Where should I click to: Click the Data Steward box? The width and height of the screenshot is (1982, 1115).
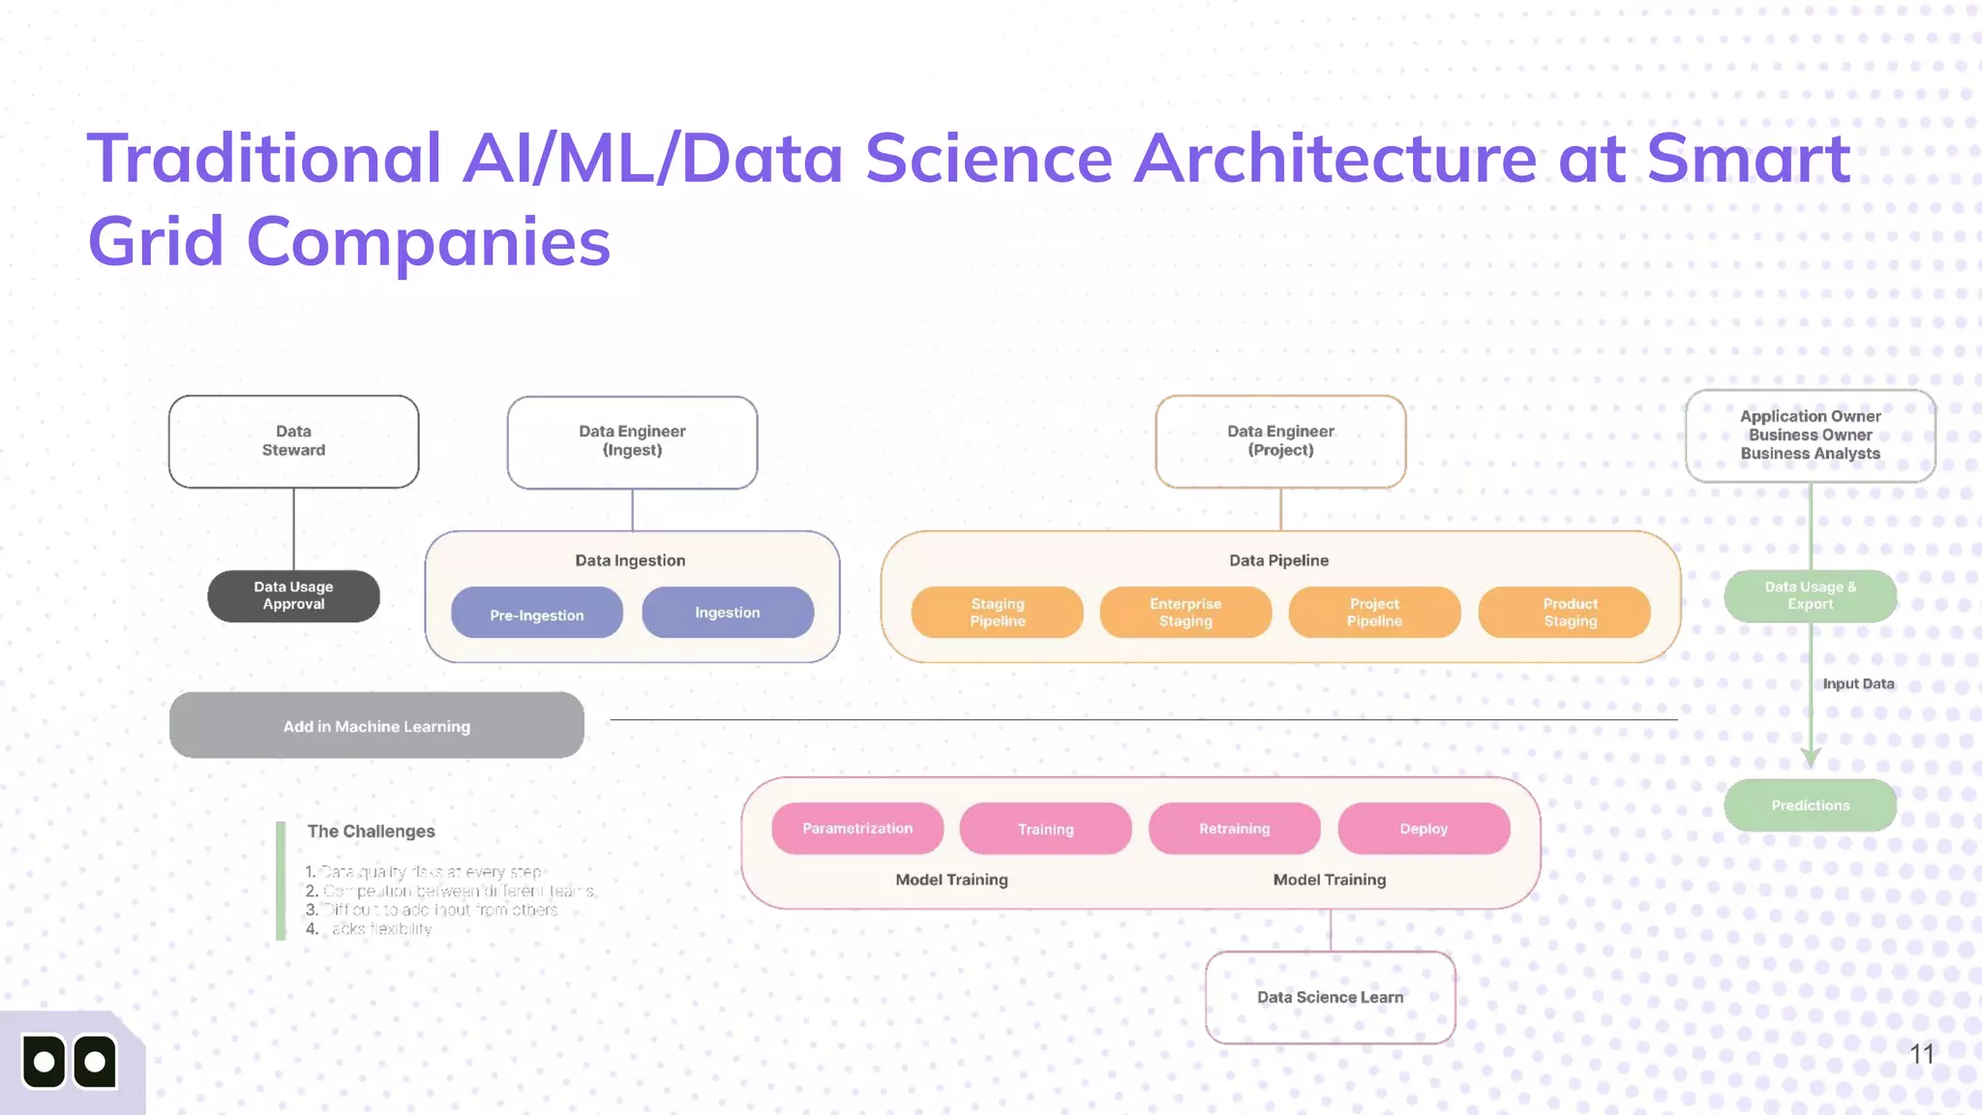(293, 441)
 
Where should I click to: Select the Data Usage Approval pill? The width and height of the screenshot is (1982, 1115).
(293, 596)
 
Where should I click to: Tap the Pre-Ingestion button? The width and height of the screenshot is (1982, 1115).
(536, 614)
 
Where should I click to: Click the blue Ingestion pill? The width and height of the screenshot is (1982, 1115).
(728, 613)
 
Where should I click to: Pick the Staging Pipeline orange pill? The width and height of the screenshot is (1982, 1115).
(997, 613)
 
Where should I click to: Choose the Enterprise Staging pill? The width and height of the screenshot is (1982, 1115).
(1186, 613)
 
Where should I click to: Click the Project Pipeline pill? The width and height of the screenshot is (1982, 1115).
(1374, 613)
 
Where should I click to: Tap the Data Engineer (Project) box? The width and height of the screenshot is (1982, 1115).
(1280, 441)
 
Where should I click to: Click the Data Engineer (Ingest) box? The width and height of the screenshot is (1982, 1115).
(632, 442)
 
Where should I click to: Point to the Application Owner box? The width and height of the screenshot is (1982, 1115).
(1810, 436)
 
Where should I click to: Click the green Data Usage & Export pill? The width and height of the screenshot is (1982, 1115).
(1810, 596)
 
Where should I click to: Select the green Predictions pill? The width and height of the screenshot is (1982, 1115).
(1810, 805)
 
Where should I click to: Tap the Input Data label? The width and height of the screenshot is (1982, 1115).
(1858, 684)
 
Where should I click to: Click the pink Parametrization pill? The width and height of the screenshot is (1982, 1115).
(857, 829)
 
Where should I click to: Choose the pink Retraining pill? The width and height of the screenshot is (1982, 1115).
(1234, 829)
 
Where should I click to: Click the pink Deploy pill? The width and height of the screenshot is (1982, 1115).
(1424, 829)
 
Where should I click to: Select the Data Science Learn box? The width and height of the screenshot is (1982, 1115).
(1330, 997)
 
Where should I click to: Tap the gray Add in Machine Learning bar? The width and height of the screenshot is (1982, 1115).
(376, 726)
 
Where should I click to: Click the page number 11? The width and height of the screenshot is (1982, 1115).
(1922, 1054)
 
